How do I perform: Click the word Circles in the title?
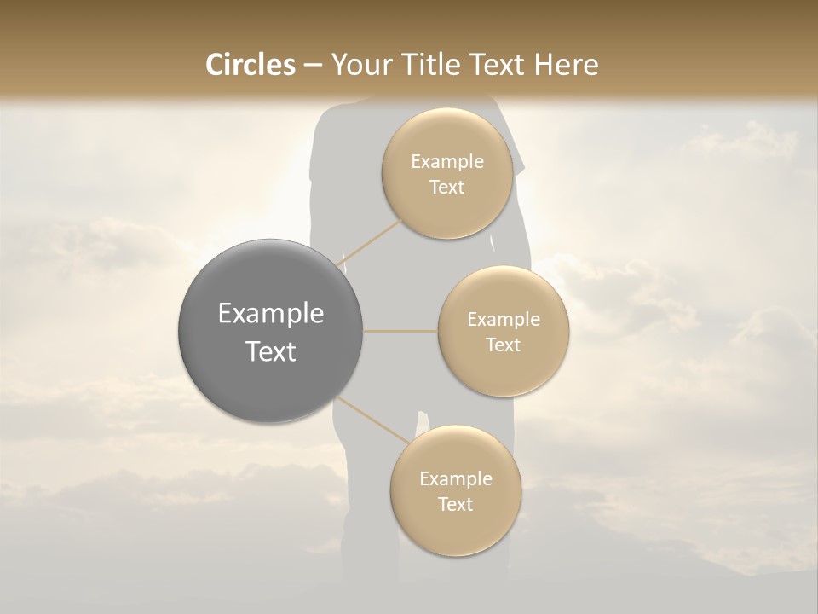click(x=250, y=65)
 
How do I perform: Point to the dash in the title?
click(x=313, y=66)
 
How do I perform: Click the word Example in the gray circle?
click(x=270, y=314)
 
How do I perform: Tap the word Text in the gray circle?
click(x=270, y=351)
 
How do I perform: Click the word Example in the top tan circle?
click(x=446, y=162)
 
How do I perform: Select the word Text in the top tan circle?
click(x=446, y=188)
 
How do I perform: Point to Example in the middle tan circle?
click(x=503, y=320)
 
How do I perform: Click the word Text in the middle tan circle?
click(x=503, y=345)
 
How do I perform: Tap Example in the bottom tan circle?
click(x=455, y=479)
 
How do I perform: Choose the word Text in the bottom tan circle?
click(x=455, y=505)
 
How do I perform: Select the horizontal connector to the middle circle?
click(x=400, y=330)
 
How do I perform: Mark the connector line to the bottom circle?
click(x=375, y=421)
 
